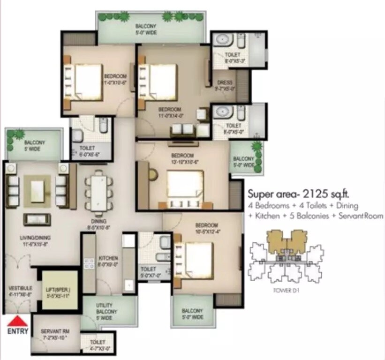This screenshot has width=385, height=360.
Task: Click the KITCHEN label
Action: click(x=108, y=261)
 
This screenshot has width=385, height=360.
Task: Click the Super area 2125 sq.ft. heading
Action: click(x=300, y=193)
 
